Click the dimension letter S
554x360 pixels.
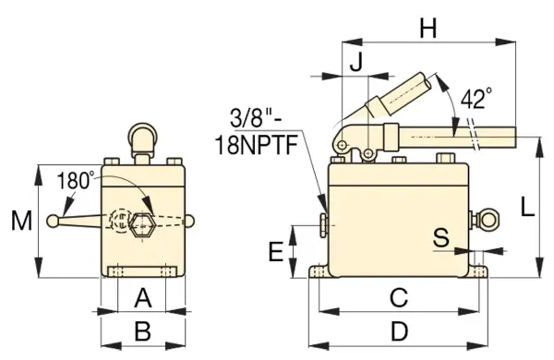pos(442,237)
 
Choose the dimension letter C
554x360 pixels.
pos(398,298)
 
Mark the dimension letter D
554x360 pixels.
pos(398,330)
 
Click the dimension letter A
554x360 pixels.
pos(143,298)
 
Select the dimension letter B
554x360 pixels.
pos(143,330)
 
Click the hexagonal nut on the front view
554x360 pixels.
pos(143,223)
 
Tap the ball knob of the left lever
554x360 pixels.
pos(56,222)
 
